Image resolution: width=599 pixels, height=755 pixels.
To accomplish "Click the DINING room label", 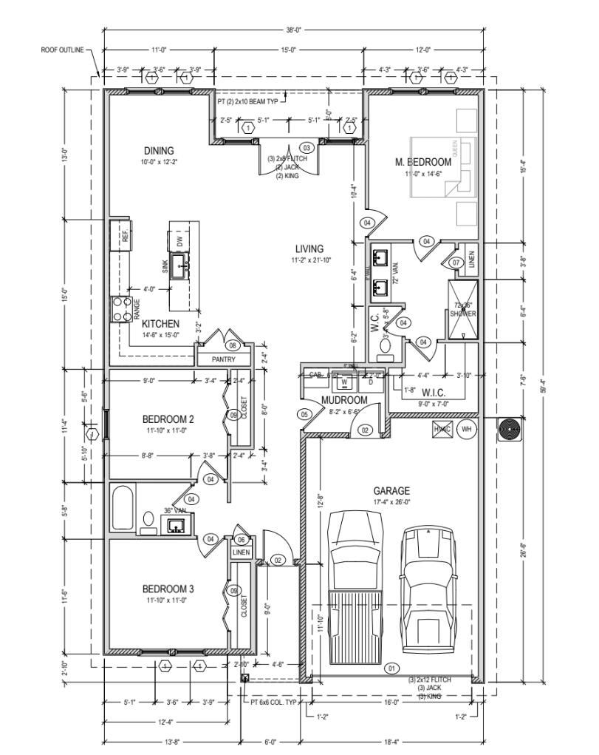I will pyautogui.click(x=159, y=151).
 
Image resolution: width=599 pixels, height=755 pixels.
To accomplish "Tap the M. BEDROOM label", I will pyautogui.click(x=423, y=162).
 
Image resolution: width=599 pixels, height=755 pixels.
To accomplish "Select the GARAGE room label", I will pyautogui.click(x=391, y=490).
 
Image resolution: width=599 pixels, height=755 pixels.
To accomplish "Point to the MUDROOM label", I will pyautogui.click(x=344, y=400).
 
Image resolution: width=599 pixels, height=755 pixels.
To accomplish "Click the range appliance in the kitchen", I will pyautogui.click(x=120, y=308).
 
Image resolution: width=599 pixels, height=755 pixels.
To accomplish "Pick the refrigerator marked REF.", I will pyautogui.click(x=121, y=236).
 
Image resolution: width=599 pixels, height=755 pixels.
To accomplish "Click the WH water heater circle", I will pyautogui.click(x=466, y=428).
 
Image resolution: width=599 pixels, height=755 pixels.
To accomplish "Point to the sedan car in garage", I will pyautogui.click(x=428, y=584).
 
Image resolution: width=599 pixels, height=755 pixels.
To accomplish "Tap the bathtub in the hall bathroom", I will pyautogui.click(x=123, y=507).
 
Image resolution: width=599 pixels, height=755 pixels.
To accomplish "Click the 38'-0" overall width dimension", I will pyautogui.click(x=293, y=30).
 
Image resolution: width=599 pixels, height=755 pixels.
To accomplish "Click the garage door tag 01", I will pyautogui.click(x=391, y=668).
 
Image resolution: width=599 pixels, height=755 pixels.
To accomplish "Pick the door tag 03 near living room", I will pyautogui.click(x=307, y=148).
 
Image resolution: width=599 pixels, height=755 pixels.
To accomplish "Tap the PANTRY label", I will pyautogui.click(x=223, y=359).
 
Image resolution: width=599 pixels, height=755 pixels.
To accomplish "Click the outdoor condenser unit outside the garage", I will pyautogui.click(x=509, y=430).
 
